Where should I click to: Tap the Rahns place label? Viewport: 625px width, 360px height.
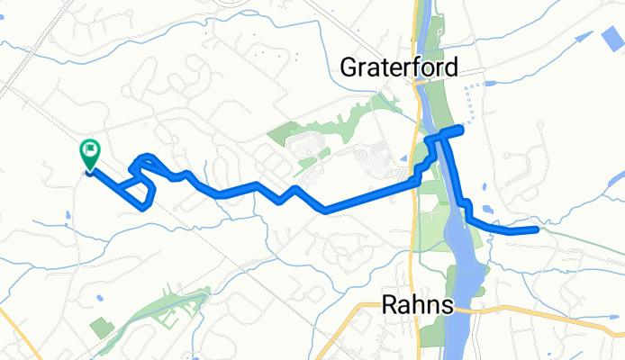(416, 304)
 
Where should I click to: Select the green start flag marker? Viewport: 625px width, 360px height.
(90, 154)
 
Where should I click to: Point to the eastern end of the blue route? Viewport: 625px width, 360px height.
(537, 230)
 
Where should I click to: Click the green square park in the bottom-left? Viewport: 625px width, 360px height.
(102, 328)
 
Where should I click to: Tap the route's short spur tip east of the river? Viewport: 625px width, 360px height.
(461, 130)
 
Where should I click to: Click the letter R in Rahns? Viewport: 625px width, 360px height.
(387, 304)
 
